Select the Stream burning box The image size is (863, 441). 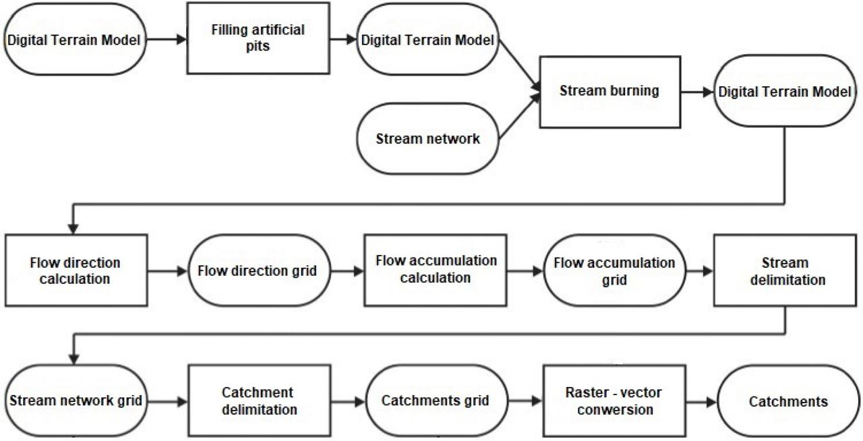point(609,91)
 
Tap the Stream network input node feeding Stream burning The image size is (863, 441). point(427,139)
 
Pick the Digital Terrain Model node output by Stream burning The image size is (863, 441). point(784,92)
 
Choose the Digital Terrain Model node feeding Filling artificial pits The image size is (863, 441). point(74,40)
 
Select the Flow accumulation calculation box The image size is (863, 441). point(436,269)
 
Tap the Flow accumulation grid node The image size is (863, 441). point(614,270)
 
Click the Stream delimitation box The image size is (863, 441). point(784,270)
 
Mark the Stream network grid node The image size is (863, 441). point(75,401)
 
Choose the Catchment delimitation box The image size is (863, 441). point(259,400)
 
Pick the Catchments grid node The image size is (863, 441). point(435,401)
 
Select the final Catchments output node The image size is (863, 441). point(788,402)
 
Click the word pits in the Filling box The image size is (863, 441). point(257,47)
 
